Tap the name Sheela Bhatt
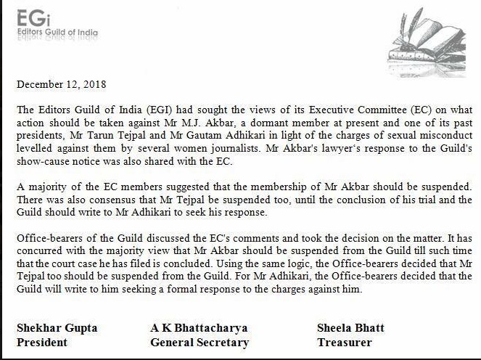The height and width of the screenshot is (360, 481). point(350,328)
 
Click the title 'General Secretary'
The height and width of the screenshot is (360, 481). point(199,342)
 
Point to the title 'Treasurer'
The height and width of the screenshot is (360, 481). point(345,342)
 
